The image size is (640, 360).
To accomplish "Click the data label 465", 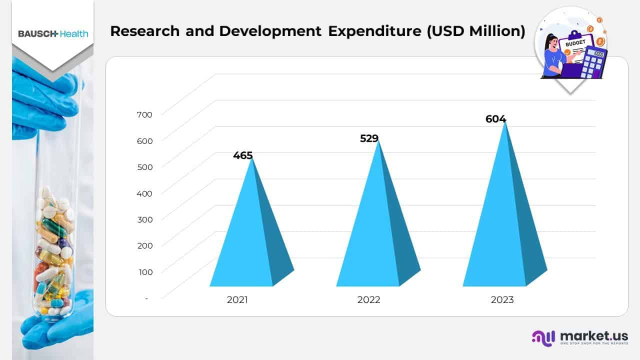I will coord(243,155).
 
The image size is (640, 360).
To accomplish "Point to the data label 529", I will coord(369,138).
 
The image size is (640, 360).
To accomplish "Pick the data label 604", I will coord(496,119).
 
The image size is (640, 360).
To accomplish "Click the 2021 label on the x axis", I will coord(237,300).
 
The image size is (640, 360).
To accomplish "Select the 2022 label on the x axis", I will coord(368,300).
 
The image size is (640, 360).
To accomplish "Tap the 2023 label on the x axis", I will coord(502,300).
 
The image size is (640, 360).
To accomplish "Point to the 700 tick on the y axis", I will coord(144,114).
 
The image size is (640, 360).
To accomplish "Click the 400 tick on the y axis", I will coord(144,193).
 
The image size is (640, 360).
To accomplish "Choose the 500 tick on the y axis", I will coord(144,167).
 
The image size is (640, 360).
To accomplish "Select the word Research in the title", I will coord(144,31).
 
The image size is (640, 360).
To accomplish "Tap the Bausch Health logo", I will coord(53,33).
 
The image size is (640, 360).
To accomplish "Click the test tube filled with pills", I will coord(53,250).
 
